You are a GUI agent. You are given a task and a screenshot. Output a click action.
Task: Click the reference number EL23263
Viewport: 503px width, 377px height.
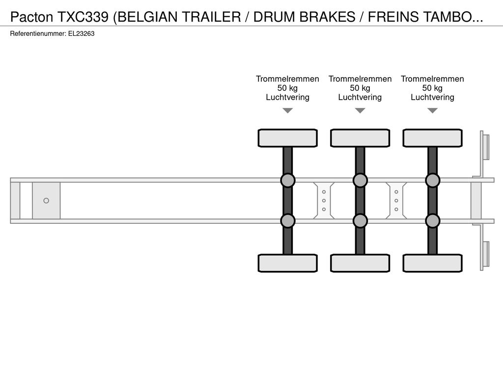click(81, 34)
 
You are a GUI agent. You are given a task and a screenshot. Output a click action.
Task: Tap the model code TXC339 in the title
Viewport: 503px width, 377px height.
click(83, 17)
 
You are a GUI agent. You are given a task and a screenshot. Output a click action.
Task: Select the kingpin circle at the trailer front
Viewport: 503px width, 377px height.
click(46, 201)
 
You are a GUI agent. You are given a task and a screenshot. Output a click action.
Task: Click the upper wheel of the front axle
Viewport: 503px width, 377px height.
click(288, 138)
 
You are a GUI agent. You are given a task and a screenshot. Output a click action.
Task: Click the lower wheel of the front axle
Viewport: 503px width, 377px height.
click(288, 263)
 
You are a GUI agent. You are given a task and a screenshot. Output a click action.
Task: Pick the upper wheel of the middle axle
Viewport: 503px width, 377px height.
click(360, 138)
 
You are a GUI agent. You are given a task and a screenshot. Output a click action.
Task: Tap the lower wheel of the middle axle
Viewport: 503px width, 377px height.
click(360, 263)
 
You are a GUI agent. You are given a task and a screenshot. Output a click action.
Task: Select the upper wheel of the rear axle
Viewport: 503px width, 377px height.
click(433, 138)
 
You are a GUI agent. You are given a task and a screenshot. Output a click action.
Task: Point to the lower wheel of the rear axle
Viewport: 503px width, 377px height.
click(433, 263)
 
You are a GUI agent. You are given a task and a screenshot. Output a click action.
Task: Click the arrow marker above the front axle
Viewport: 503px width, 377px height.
click(288, 110)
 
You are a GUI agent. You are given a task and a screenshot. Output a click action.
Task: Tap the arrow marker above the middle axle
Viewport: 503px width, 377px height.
click(360, 110)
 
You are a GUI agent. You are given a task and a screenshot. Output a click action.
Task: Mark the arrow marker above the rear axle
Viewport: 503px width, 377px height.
click(433, 110)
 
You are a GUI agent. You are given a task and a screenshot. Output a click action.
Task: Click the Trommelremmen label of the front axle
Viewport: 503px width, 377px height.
click(287, 79)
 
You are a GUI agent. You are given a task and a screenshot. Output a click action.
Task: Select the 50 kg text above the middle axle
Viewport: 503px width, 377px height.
click(360, 88)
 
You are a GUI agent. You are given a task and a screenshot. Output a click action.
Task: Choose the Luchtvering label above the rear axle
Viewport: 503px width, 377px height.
click(432, 97)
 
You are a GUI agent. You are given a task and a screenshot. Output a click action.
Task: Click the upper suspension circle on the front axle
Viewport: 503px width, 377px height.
click(288, 181)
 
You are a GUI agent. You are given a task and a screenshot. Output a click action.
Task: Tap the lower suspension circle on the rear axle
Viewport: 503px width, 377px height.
click(433, 221)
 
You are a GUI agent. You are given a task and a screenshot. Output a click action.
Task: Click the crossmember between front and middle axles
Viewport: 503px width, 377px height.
click(324, 201)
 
